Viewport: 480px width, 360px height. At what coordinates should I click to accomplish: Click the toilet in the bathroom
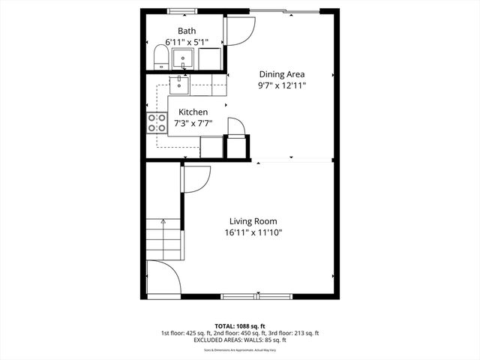(160, 57)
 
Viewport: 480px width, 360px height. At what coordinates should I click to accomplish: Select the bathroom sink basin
(183, 57)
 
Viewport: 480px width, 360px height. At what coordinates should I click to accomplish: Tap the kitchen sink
(179, 84)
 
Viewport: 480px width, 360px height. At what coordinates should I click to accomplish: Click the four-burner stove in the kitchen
(157, 123)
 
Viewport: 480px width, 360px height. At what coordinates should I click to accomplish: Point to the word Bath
(187, 31)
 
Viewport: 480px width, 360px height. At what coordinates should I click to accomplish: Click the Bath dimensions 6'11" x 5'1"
(187, 42)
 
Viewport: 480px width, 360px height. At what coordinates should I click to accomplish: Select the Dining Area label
(282, 74)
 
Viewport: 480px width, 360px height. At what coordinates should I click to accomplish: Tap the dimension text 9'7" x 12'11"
(282, 85)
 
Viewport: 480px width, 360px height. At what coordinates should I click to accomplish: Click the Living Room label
(253, 221)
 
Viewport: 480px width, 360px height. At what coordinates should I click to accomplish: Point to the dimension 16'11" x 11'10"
(253, 233)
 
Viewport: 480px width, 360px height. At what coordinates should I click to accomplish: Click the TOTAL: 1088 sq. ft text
(239, 325)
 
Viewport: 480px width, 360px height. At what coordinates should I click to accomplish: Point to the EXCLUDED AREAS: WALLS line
(239, 340)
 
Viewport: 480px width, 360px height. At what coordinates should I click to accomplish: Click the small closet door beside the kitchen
(235, 127)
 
